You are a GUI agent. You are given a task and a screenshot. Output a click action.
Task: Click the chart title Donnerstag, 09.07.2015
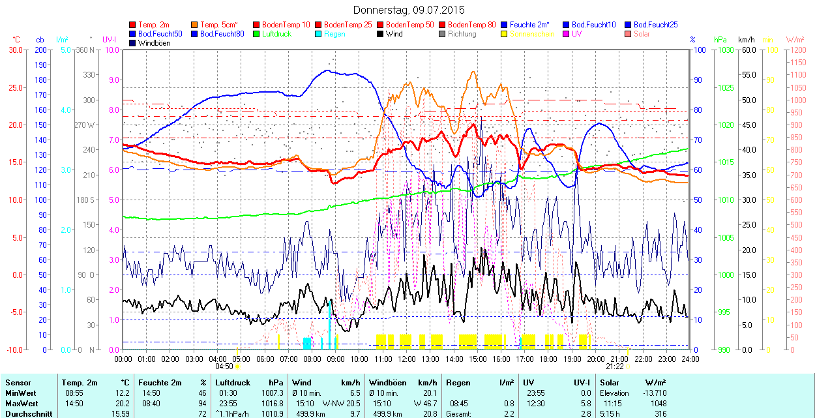click(x=409, y=10)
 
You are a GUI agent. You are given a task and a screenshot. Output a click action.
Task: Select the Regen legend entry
click(x=334, y=34)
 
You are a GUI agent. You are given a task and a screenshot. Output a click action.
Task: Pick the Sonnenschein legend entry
click(x=532, y=34)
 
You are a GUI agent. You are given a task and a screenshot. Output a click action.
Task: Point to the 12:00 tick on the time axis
click(x=407, y=359)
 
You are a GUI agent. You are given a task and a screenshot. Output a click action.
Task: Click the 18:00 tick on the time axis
click(x=548, y=359)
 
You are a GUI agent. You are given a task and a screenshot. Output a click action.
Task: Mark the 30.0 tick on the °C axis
click(x=13, y=50)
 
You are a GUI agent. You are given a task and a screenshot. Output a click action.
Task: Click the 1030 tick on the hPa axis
click(x=724, y=50)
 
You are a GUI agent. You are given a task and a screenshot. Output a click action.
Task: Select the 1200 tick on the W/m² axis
click(x=798, y=50)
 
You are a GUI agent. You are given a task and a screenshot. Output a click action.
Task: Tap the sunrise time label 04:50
click(x=224, y=366)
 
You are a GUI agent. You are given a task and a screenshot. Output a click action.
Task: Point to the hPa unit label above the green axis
click(x=720, y=40)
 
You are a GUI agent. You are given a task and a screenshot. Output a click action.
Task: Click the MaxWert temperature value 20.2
click(x=123, y=404)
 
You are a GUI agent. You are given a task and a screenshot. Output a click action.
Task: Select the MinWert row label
click(x=20, y=393)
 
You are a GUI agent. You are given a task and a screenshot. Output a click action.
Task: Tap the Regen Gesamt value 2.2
click(x=509, y=413)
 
